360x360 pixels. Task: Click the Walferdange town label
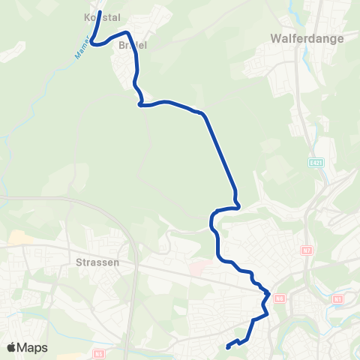[306, 38]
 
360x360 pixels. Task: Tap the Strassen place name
[98, 263]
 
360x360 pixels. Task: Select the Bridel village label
[132, 45]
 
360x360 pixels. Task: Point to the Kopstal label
[103, 16]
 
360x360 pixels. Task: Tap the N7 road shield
[306, 250]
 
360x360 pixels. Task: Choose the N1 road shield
[337, 299]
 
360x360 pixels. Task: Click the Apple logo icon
[12, 347]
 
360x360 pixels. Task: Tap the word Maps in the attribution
[32, 347]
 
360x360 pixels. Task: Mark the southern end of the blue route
[227, 346]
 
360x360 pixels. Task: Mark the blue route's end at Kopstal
[100, 12]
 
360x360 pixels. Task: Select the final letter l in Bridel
[145, 45]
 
